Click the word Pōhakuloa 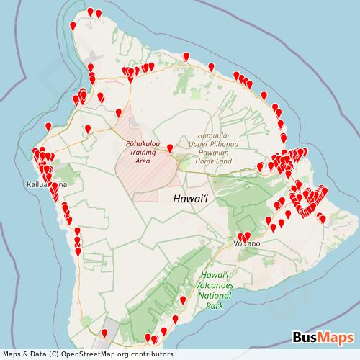143,143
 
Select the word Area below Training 143,161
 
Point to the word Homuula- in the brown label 213,135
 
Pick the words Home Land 213,161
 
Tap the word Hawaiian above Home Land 213,153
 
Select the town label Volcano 246,244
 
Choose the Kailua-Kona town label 46,185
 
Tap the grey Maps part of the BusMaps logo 336,336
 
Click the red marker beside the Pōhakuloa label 170,148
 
